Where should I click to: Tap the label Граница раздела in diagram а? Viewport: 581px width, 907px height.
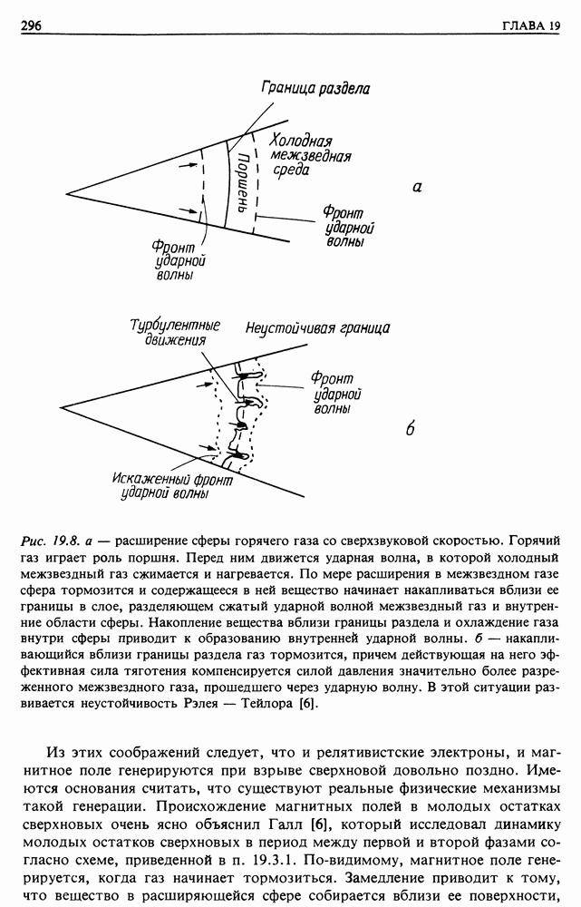[315, 89]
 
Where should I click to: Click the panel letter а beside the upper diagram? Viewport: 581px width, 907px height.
[417, 188]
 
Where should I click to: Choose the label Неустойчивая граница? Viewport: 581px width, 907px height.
[317, 327]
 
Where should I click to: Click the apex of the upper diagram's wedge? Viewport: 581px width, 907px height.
[65, 193]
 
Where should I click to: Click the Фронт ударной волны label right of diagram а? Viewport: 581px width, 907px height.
[348, 228]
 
